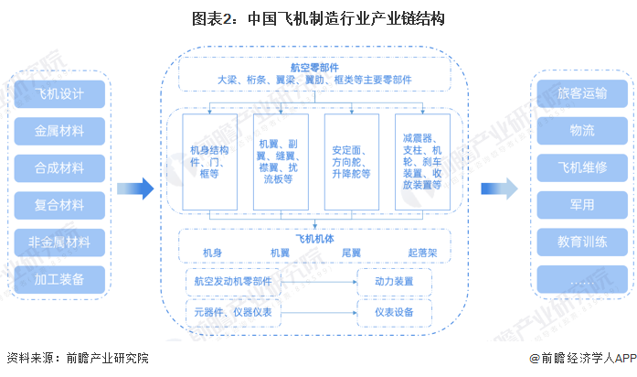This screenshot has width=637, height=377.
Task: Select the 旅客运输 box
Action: [582, 94]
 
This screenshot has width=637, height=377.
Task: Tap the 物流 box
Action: [582, 131]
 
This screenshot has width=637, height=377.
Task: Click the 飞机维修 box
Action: [582, 167]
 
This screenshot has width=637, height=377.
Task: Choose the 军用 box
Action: [582, 205]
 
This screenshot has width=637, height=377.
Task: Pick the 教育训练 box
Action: [582, 242]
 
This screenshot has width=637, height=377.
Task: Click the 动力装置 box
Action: [394, 281]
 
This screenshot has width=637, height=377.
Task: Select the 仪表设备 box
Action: [394, 313]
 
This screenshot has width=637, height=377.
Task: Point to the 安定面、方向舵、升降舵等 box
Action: [352, 161]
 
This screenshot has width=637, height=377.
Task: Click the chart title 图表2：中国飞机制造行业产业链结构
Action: [318, 18]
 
